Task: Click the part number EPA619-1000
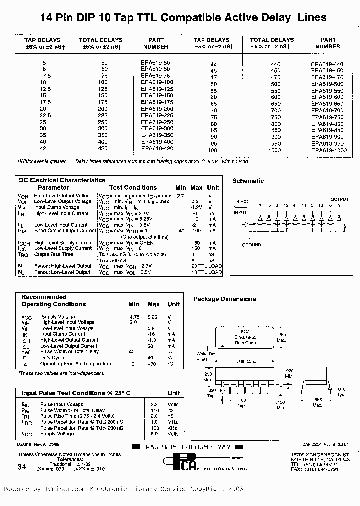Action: click(328, 150)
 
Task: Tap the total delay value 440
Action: click(275, 65)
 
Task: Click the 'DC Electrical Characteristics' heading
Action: click(62, 180)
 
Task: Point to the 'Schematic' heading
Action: click(248, 181)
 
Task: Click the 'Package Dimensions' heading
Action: click(225, 299)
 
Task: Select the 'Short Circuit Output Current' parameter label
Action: click(65, 231)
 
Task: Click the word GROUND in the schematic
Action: click(251, 245)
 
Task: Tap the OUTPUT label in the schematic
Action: click(339, 199)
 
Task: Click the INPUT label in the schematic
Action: click(240, 212)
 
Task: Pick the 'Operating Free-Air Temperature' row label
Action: click(75, 364)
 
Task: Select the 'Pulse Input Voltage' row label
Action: click(62, 404)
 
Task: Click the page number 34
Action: click(21, 466)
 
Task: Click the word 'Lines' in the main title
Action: click(312, 18)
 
